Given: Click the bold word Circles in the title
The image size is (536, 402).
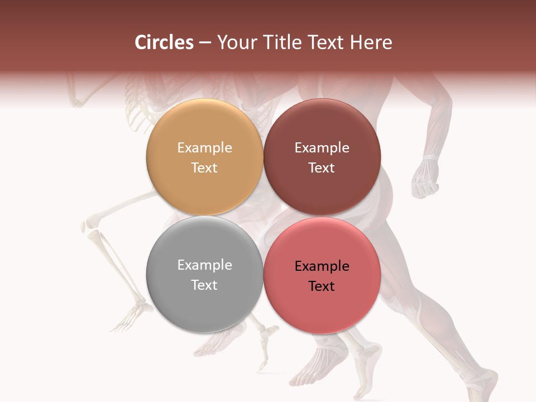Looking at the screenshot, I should (164, 42).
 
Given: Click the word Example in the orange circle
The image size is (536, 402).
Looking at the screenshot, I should (204, 147).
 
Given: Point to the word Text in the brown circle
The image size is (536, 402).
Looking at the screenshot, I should (322, 167).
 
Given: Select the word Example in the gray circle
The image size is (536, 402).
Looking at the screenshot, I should (204, 265).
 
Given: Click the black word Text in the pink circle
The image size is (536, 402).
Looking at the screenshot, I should (322, 286).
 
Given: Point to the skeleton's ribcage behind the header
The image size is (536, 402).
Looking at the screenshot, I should (140, 92).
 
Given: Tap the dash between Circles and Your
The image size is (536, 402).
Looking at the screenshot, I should (205, 43).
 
